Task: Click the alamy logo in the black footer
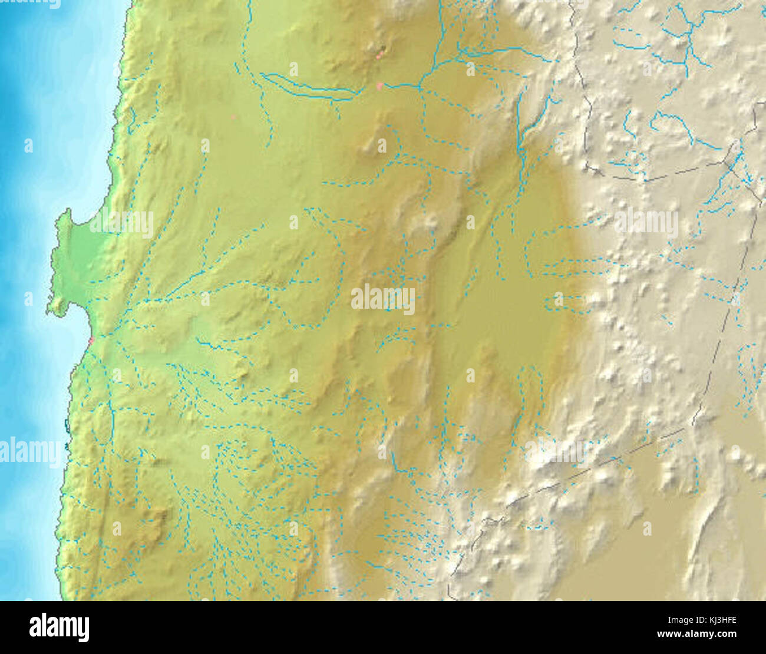59,627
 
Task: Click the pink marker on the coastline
91,340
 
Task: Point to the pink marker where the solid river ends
379,86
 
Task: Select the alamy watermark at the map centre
383,299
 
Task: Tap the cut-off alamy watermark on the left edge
29,452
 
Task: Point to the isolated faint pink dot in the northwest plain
234,117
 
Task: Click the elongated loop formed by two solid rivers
306,88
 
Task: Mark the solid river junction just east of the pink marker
420,87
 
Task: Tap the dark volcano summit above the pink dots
383,48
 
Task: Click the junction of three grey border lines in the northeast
734,159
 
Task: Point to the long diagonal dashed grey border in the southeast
595,465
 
